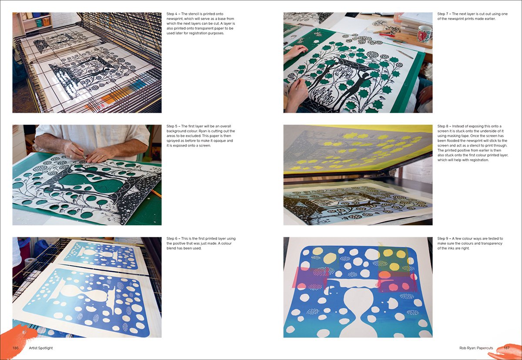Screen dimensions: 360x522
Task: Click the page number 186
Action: [x=15, y=348]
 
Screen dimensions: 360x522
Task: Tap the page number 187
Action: [x=506, y=348]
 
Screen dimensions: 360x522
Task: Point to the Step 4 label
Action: [x=173, y=14]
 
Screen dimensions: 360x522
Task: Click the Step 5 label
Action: [x=173, y=127]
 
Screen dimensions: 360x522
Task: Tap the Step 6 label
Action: [x=173, y=239]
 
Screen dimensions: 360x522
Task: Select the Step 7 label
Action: [x=443, y=14]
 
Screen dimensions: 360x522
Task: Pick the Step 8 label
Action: [x=443, y=127]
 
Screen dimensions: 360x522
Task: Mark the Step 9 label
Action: [x=443, y=239]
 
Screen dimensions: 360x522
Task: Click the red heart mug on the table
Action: [x=424, y=33]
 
